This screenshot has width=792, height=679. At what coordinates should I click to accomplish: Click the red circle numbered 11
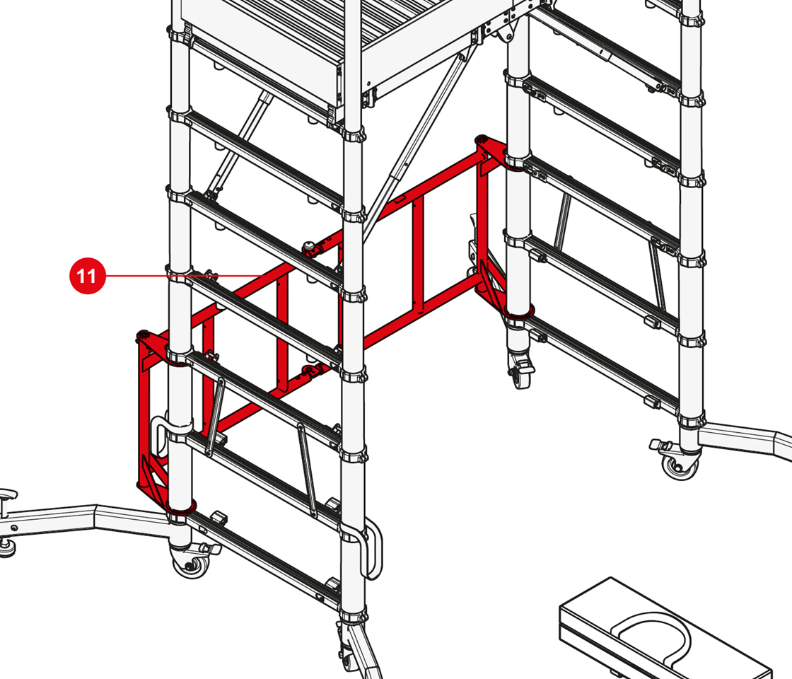pos(88,276)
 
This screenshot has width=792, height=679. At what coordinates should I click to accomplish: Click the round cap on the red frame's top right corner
pos(482,139)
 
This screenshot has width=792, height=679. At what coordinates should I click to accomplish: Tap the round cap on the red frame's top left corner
pos(144,335)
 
